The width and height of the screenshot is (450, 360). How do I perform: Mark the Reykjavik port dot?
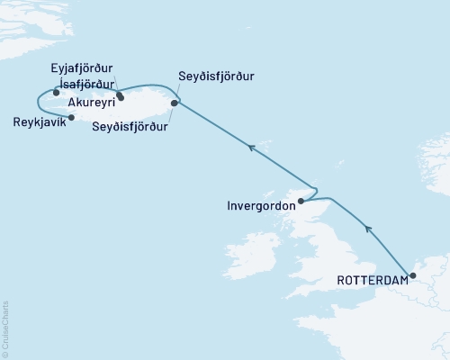coord(71,117)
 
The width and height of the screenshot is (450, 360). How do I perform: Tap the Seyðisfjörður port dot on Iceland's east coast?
coord(174,103)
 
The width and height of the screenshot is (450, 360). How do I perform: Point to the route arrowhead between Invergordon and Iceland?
coord(252,147)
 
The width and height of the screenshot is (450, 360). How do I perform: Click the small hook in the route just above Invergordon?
coord(313,190)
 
